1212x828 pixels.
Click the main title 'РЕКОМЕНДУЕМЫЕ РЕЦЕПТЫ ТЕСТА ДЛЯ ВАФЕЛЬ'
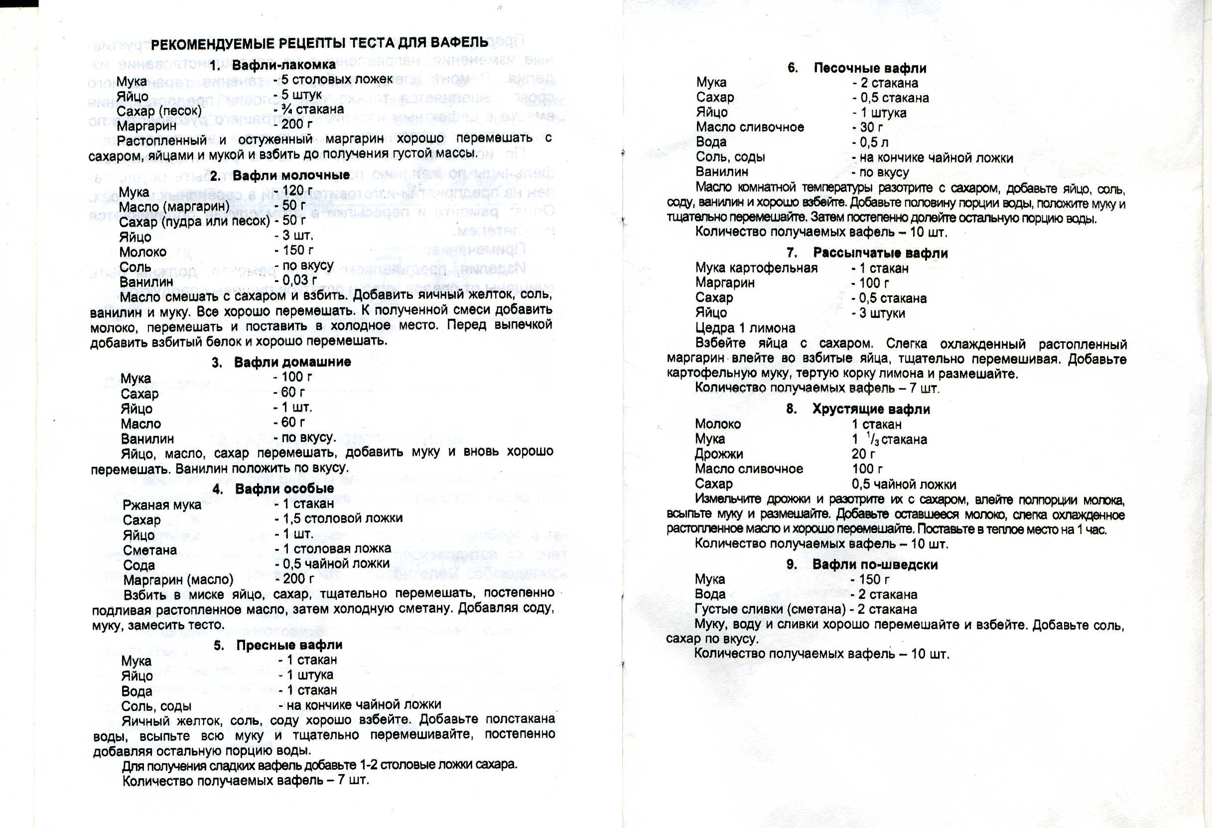pos(319,43)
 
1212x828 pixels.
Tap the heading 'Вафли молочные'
pos(291,175)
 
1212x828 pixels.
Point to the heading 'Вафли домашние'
pos(292,362)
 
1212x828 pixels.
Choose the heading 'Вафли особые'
pos(284,489)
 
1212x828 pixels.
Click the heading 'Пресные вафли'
pos(289,645)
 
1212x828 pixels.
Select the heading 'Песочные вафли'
pos(870,68)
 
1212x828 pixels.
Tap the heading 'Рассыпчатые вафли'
pos(880,254)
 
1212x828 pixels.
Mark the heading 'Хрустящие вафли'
pos(871,410)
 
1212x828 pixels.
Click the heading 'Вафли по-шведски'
pos(875,564)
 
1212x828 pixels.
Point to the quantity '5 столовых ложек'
pos(336,79)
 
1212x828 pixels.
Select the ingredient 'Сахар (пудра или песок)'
pos(194,222)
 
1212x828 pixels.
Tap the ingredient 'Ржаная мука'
pos(162,505)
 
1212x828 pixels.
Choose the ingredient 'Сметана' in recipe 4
pos(149,550)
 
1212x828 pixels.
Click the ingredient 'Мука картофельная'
pos(756,268)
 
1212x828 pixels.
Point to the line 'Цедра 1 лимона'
pos(745,328)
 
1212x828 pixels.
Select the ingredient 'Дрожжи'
pos(719,454)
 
